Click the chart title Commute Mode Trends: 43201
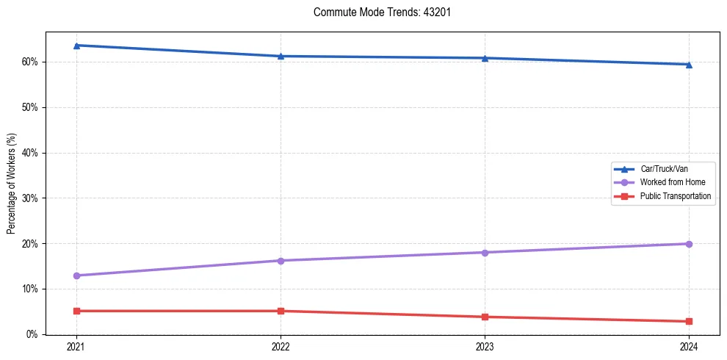tap(377, 12)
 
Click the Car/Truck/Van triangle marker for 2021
tap(76, 46)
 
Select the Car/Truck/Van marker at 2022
tap(281, 56)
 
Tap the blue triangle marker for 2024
tap(689, 64)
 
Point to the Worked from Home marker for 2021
tap(76, 276)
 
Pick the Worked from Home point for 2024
tap(689, 244)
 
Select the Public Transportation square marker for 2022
tap(281, 311)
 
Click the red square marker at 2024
tap(689, 321)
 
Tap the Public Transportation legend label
tap(676, 196)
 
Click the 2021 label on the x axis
tap(76, 345)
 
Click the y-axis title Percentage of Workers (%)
tap(11, 184)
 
